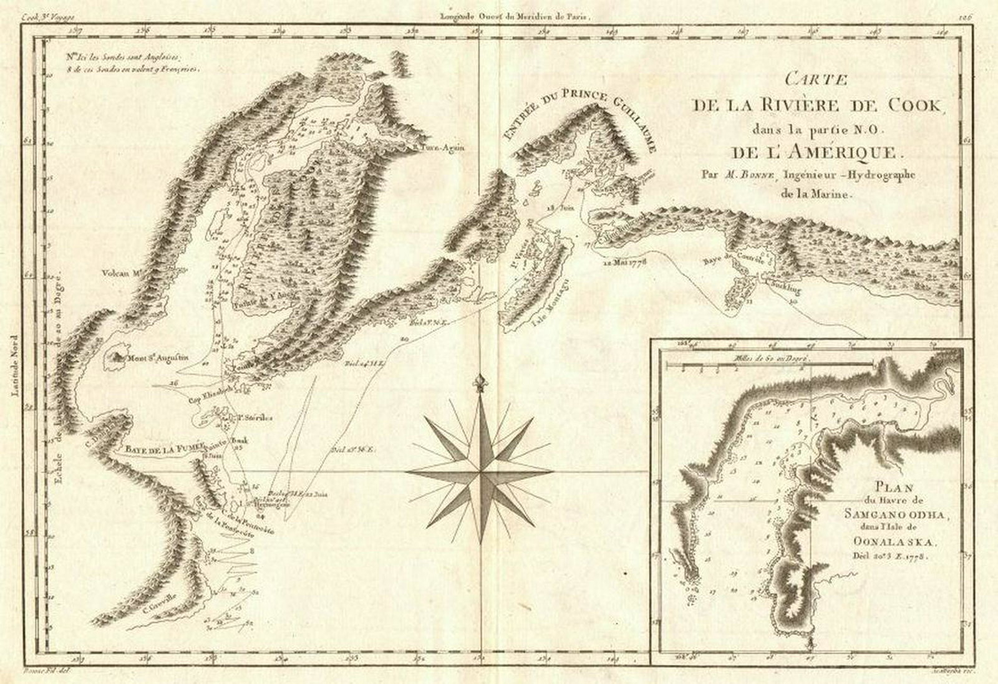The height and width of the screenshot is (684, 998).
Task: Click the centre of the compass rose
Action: tap(479, 473)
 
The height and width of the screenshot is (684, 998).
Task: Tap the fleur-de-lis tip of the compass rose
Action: tap(479, 382)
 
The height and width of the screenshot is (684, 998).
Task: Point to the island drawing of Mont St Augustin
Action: tap(117, 357)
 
